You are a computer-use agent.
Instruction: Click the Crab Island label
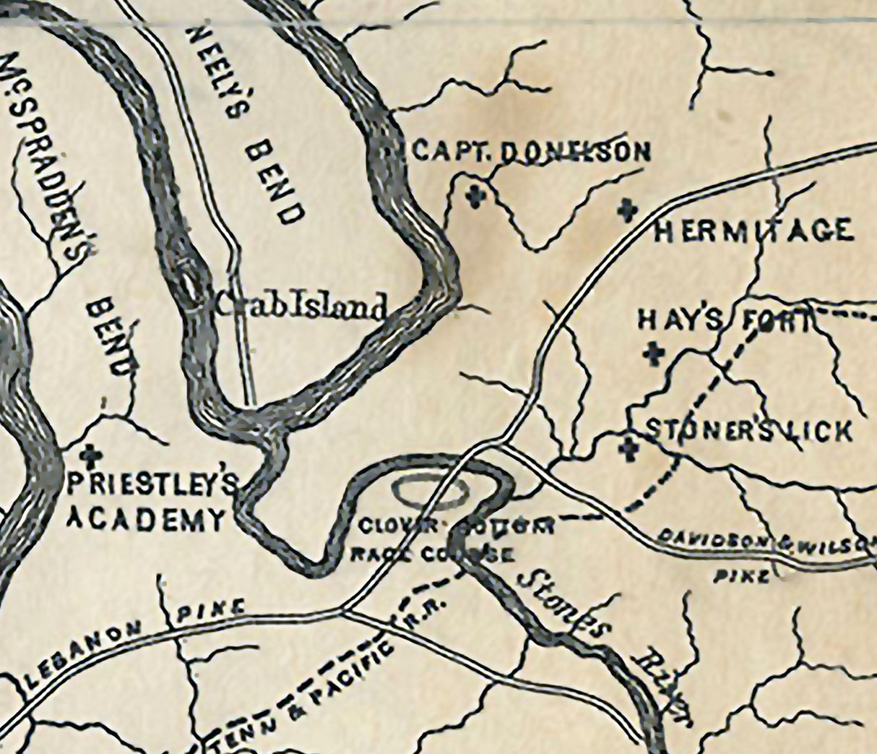pos(302,307)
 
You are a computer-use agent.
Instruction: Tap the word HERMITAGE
pos(753,231)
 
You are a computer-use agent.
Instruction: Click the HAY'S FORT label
pos(725,320)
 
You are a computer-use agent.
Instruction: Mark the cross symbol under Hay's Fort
pos(654,354)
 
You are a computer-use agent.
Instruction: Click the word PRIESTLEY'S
pos(152,485)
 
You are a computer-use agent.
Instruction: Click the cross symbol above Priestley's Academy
pos(90,453)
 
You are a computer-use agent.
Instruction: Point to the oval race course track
pos(431,492)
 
